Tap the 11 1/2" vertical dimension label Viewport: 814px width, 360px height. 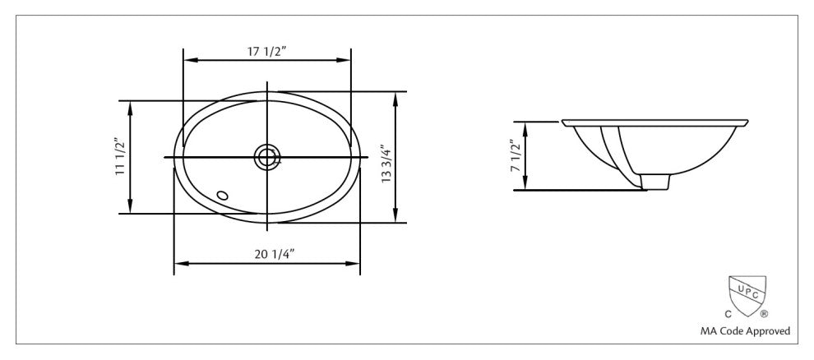[120, 156]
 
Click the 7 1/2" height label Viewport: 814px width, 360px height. [515, 156]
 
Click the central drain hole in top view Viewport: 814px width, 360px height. [266, 156]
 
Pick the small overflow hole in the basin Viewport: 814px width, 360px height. [221, 196]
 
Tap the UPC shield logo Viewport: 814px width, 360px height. [747, 294]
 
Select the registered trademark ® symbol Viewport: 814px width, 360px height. [764, 314]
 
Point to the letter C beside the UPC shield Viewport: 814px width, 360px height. [727, 314]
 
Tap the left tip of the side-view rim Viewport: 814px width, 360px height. [563, 123]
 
